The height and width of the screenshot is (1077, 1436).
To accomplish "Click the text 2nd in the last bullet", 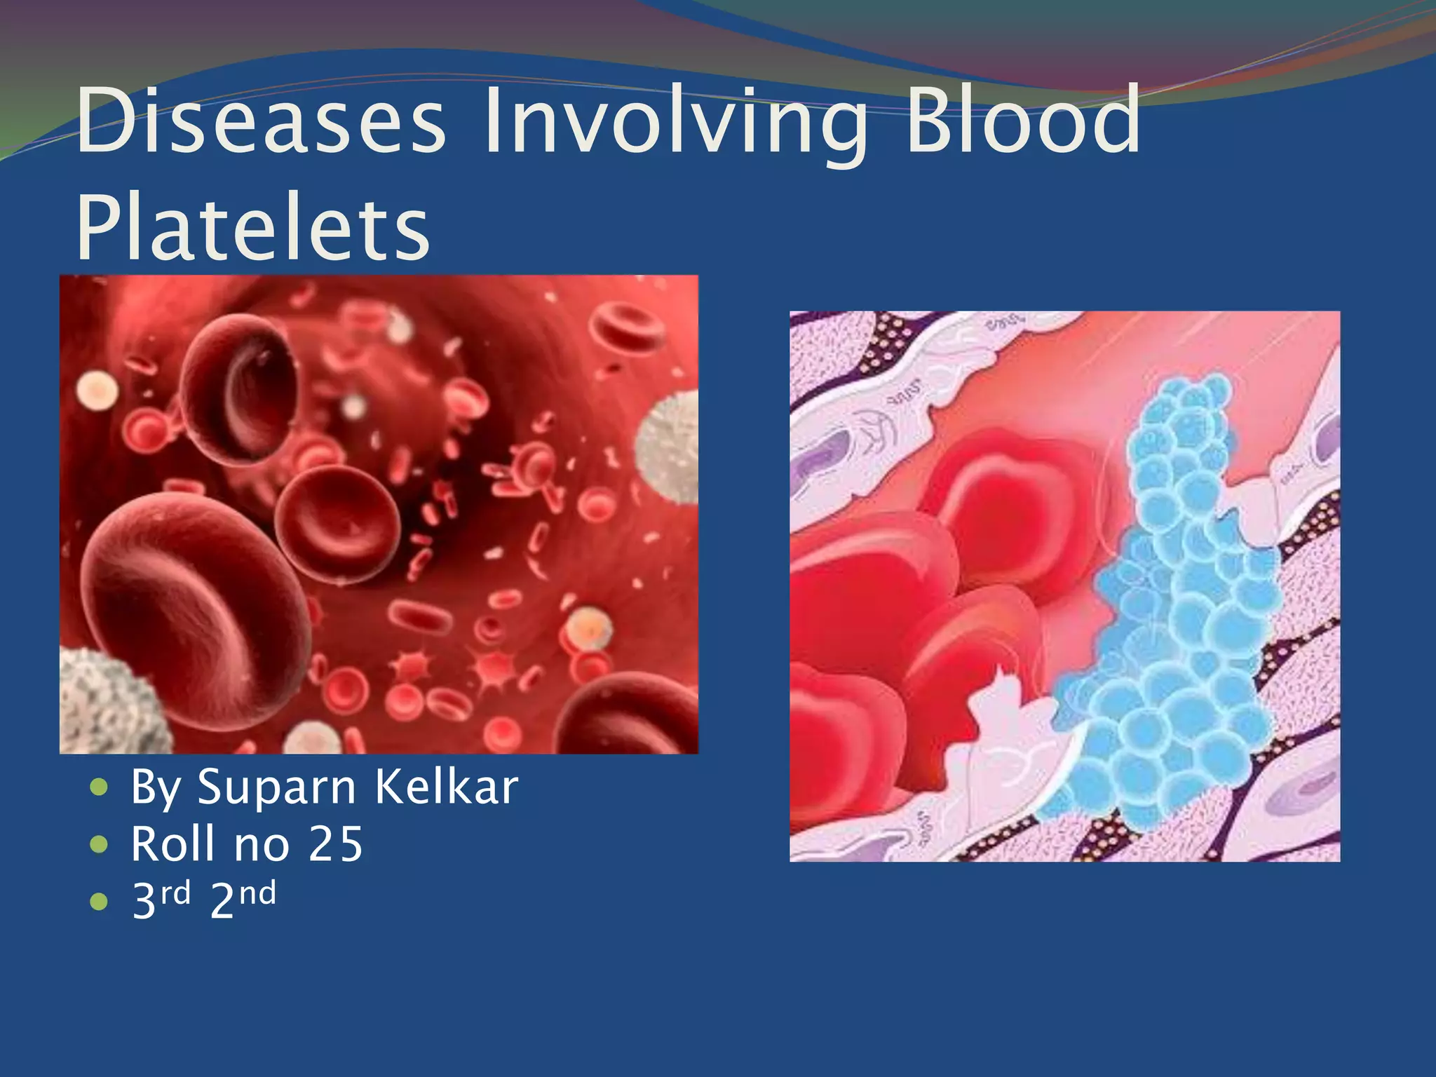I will point(243,899).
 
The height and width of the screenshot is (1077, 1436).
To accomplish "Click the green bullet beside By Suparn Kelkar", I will point(100,788).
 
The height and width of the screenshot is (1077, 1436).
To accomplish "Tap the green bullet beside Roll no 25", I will point(100,845).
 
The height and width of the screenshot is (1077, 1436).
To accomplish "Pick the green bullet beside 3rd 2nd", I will point(100,902).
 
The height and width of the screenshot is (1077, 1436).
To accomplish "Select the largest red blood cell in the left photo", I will point(189,610).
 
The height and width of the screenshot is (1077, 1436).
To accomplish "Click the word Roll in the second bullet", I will point(172,844).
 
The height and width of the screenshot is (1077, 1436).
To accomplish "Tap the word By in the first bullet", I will point(156,787).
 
